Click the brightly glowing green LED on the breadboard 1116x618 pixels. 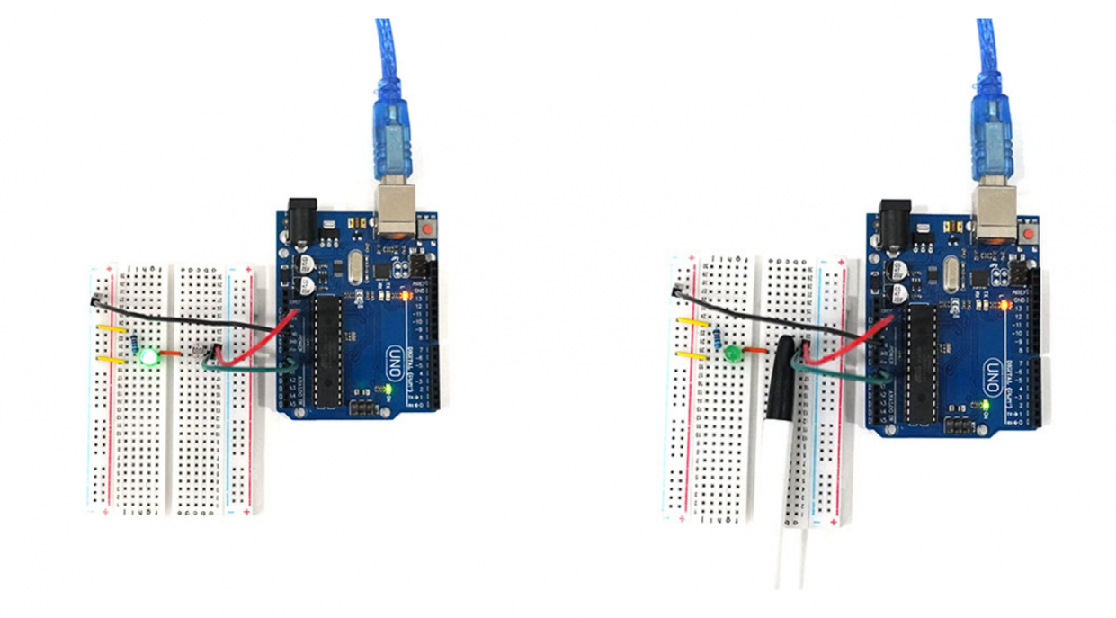(149, 359)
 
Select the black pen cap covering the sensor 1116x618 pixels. (780, 378)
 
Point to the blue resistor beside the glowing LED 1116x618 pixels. (134, 343)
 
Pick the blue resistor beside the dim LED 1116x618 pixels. (718, 339)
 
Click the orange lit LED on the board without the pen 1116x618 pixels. (406, 294)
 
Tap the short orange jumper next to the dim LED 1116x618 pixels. (754, 350)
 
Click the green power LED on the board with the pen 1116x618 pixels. (986, 407)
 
